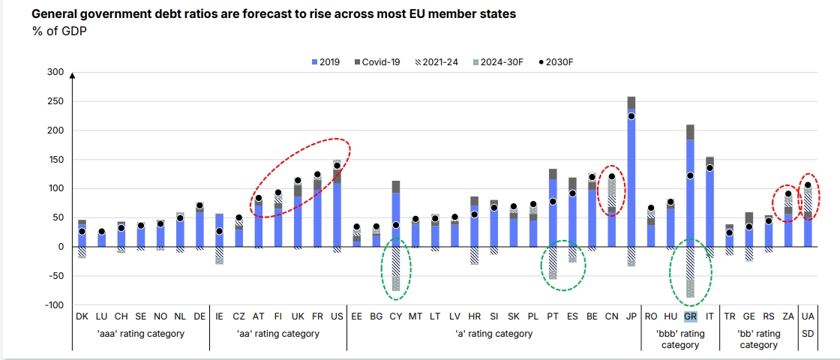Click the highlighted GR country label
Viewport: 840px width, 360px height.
tap(691, 316)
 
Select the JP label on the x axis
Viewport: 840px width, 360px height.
tap(631, 316)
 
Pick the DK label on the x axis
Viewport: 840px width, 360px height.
tap(82, 316)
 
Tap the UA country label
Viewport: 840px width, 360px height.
tap(808, 316)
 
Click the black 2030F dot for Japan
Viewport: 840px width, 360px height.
tap(631, 116)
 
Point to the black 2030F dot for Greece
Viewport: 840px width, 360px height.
tap(690, 175)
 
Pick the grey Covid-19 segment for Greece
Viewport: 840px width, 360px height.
tap(690, 132)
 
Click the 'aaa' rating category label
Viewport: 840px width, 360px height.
tap(140, 334)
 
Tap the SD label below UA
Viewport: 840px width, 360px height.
tap(808, 334)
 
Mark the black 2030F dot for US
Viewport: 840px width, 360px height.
tap(337, 166)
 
